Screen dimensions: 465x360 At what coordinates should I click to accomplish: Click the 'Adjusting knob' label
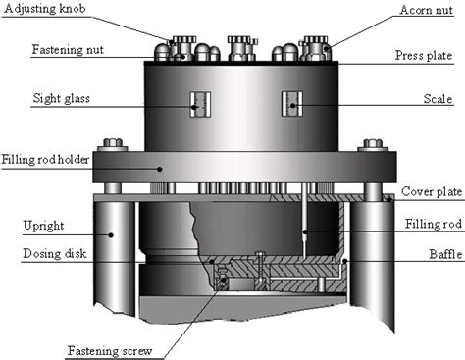click(x=45, y=9)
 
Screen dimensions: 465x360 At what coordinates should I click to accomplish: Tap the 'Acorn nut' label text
click(x=426, y=10)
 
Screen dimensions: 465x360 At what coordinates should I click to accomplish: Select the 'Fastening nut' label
click(x=68, y=50)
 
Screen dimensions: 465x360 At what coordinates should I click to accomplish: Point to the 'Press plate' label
click(x=424, y=55)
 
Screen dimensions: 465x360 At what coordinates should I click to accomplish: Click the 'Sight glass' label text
click(x=61, y=98)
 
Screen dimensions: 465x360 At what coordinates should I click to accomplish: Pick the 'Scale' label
click(x=438, y=99)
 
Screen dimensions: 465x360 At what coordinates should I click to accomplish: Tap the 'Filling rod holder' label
click(x=45, y=160)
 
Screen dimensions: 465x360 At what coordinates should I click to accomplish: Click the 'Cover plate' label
click(x=432, y=191)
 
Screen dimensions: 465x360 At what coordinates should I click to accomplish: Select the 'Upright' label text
click(x=43, y=226)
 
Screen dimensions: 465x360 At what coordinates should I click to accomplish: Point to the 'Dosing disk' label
click(x=55, y=254)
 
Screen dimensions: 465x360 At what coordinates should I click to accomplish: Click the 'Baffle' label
click(x=445, y=254)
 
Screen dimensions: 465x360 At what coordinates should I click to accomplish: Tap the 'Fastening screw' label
click(x=110, y=351)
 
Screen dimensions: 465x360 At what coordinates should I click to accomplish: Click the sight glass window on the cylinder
click(x=200, y=104)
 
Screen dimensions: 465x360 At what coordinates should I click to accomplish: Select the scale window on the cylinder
click(x=292, y=104)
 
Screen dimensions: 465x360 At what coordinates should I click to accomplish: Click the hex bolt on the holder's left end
click(x=113, y=145)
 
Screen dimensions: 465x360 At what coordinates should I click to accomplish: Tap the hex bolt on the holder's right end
click(x=373, y=145)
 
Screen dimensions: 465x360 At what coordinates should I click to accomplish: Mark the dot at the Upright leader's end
click(x=111, y=235)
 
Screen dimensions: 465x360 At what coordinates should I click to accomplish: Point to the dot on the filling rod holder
click(x=160, y=169)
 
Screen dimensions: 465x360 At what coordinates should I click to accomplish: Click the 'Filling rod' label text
click(x=434, y=224)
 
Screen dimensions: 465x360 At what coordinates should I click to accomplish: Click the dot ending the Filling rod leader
click(x=305, y=232)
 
